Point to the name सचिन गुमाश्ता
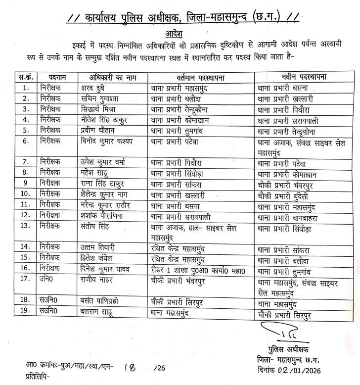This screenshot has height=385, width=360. (x=104, y=99)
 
